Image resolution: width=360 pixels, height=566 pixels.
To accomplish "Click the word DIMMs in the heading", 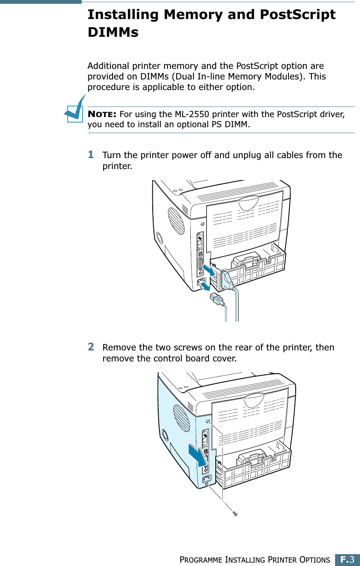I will click(x=113, y=32).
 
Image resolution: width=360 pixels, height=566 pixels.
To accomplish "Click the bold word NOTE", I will click(x=102, y=115).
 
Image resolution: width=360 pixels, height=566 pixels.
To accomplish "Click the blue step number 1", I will click(x=91, y=155).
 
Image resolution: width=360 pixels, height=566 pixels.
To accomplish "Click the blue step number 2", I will click(x=91, y=347).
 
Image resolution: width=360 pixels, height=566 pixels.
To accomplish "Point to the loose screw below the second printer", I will click(x=236, y=514).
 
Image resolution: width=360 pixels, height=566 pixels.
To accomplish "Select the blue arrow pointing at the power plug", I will click(x=205, y=287).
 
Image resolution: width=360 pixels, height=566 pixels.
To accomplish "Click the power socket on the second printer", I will click(x=206, y=480).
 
